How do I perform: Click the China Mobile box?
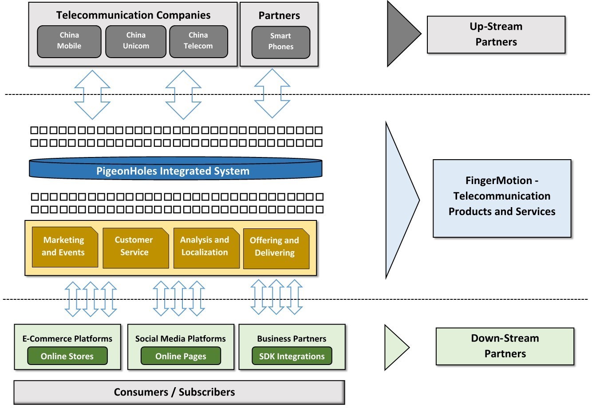(x=69, y=41)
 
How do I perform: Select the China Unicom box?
(x=135, y=41)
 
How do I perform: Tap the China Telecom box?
(x=198, y=41)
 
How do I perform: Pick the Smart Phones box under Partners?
(x=280, y=42)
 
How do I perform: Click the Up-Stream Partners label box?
(x=496, y=35)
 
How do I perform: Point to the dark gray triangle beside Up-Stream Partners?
(x=399, y=33)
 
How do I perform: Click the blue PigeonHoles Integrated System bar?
(x=175, y=170)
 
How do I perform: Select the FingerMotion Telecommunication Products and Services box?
(x=501, y=198)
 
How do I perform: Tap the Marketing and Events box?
(x=64, y=247)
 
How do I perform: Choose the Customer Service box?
(x=135, y=247)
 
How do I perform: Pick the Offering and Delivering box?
(x=276, y=247)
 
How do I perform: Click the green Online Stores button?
(x=67, y=356)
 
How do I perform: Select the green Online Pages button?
(x=181, y=356)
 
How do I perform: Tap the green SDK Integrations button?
(x=292, y=356)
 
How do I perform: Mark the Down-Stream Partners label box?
(x=505, y=346)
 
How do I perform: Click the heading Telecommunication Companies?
(x=133, y=15)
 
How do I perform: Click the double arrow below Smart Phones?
(x=272, y=93)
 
